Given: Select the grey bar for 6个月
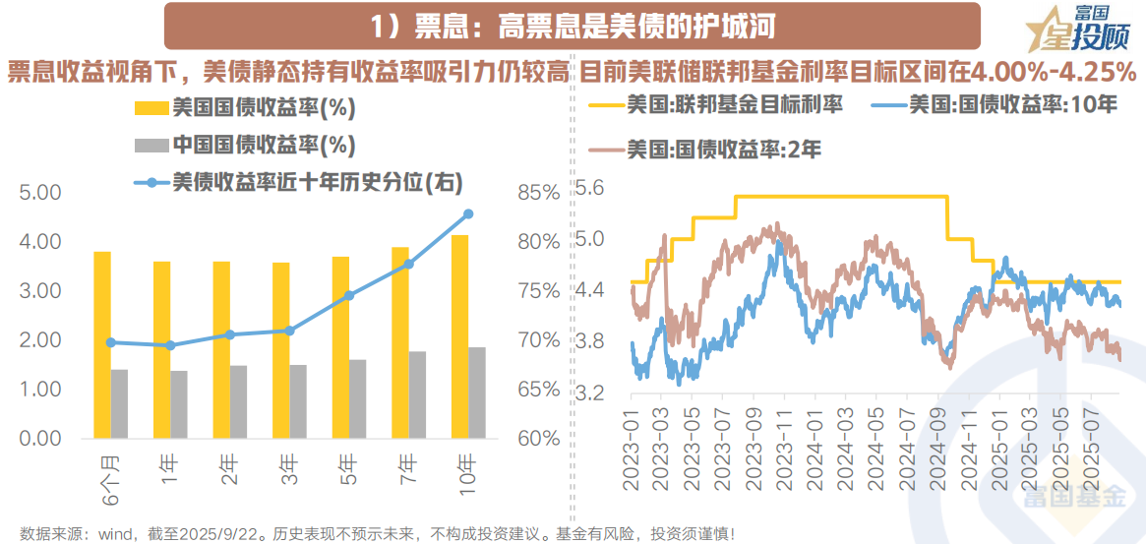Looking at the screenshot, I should tap(119, 403).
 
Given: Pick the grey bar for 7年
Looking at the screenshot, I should tap(417, 394).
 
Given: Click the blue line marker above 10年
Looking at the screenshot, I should tap(468, 213).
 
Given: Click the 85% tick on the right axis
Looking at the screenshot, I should tap(538, 192).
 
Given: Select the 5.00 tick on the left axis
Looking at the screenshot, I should tap(40, 192).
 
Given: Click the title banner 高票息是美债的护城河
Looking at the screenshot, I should tap(573, 25).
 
